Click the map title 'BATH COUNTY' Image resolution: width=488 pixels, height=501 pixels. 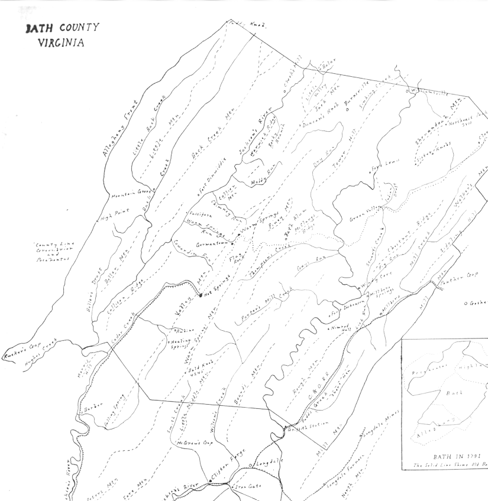[62, 29]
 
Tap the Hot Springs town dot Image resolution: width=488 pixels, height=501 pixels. [201, 294]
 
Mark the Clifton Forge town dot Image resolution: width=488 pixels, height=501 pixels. [211, 482]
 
